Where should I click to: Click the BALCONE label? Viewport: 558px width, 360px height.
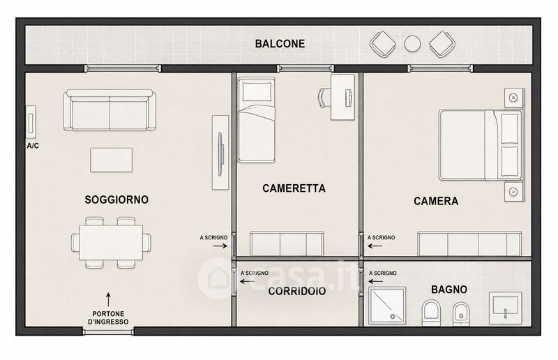(x=280, y=44)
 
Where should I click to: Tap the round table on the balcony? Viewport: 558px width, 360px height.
(x=412, y=44)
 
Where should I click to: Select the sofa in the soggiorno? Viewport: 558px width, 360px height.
(x=110, y=110)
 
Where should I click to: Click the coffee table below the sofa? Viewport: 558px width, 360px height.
(x=112, y=160)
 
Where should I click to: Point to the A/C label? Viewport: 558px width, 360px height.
(x=33, y=146)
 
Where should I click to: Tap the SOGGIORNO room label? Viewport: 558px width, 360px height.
(x=116, y=200)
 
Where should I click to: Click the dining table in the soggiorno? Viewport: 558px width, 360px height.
(x=111, y=243)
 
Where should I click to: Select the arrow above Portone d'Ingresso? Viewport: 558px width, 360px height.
(x=108, y=299)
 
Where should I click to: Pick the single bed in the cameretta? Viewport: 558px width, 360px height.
(x=257, y=121)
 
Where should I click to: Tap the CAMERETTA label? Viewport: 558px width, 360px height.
(x=294, y=188)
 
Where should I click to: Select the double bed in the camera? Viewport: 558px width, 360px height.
(x=481, y=145)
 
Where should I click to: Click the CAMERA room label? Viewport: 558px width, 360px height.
(x=436, y=201)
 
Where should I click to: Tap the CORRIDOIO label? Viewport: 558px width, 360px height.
(x=297, y=291)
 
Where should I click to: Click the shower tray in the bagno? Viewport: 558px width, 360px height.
(x=387, y=306)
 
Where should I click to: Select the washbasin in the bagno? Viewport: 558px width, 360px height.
(x=505, y=308)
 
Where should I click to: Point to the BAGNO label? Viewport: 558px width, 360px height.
(x=449, y=290)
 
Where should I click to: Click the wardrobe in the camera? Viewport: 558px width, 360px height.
(x=469, y=244)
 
